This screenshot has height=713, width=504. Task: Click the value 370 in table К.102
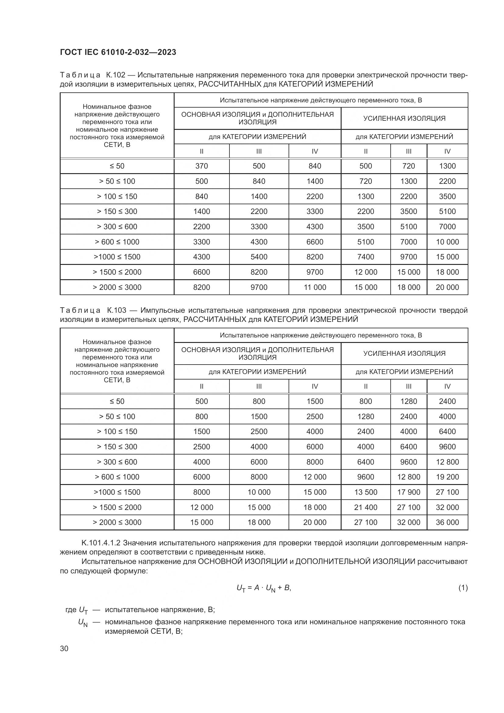coord(201,166)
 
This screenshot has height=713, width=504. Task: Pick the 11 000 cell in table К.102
coord(315,287)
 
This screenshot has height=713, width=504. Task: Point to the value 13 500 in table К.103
coord(366,492)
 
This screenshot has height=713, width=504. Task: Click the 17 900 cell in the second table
coord(408,492)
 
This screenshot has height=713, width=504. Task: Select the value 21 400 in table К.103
coord(366,508)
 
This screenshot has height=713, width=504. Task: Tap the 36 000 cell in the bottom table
coord(447,522)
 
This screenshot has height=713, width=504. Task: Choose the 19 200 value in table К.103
coord(447,477)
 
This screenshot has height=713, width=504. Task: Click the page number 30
coord(64,649)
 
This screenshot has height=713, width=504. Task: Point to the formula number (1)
coord(463,588)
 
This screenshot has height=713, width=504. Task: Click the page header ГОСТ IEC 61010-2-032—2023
coord(118,52)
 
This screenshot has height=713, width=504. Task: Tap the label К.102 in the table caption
coord(115,75)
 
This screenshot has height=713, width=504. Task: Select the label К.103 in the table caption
coord(116,310)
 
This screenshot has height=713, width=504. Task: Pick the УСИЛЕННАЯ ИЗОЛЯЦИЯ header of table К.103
coord(404,353)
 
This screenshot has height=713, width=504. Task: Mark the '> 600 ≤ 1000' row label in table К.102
coord(117,242)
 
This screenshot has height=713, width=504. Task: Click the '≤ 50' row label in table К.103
coord(117,401)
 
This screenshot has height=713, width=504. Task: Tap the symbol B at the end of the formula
coord(287,587)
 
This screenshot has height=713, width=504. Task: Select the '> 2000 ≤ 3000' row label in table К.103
coord(117,522)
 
